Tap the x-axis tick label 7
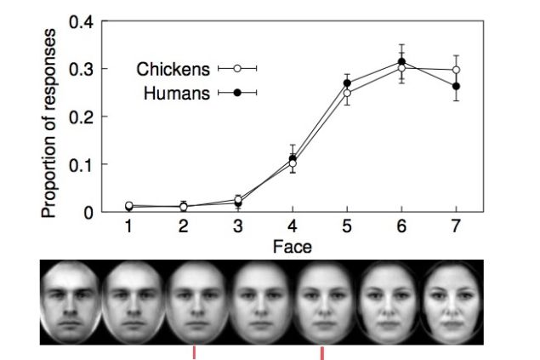tap(457, 227)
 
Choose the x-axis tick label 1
tap(128, 227)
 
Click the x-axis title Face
tap(292, 247)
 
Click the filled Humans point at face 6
tap(401, 61)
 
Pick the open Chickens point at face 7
tap(457, 70)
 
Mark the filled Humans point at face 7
tap(457, 86)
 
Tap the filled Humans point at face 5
tap(347, 83)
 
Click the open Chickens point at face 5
tap(347, 93)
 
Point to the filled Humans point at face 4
tap(293, 158)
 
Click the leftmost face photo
tap(71, 300)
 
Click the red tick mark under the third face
tap(195, 352)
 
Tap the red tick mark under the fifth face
tap(322, 352)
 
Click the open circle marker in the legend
tap(237, 68)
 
